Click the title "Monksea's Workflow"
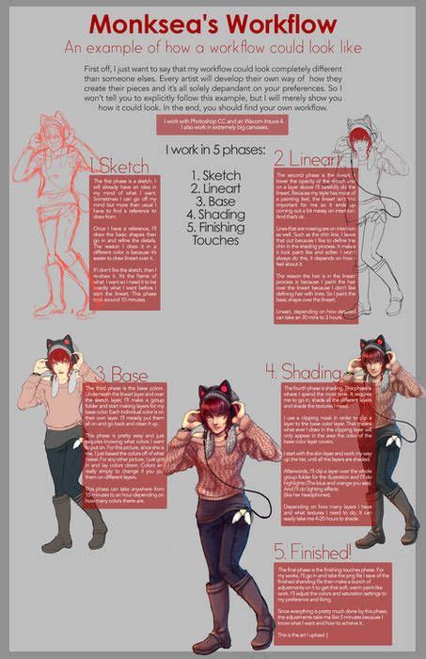tap(213, 22)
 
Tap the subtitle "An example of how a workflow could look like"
tap(213, 46)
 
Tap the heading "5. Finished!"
tap(311, 551)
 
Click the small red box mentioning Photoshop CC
tap(213, 124)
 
